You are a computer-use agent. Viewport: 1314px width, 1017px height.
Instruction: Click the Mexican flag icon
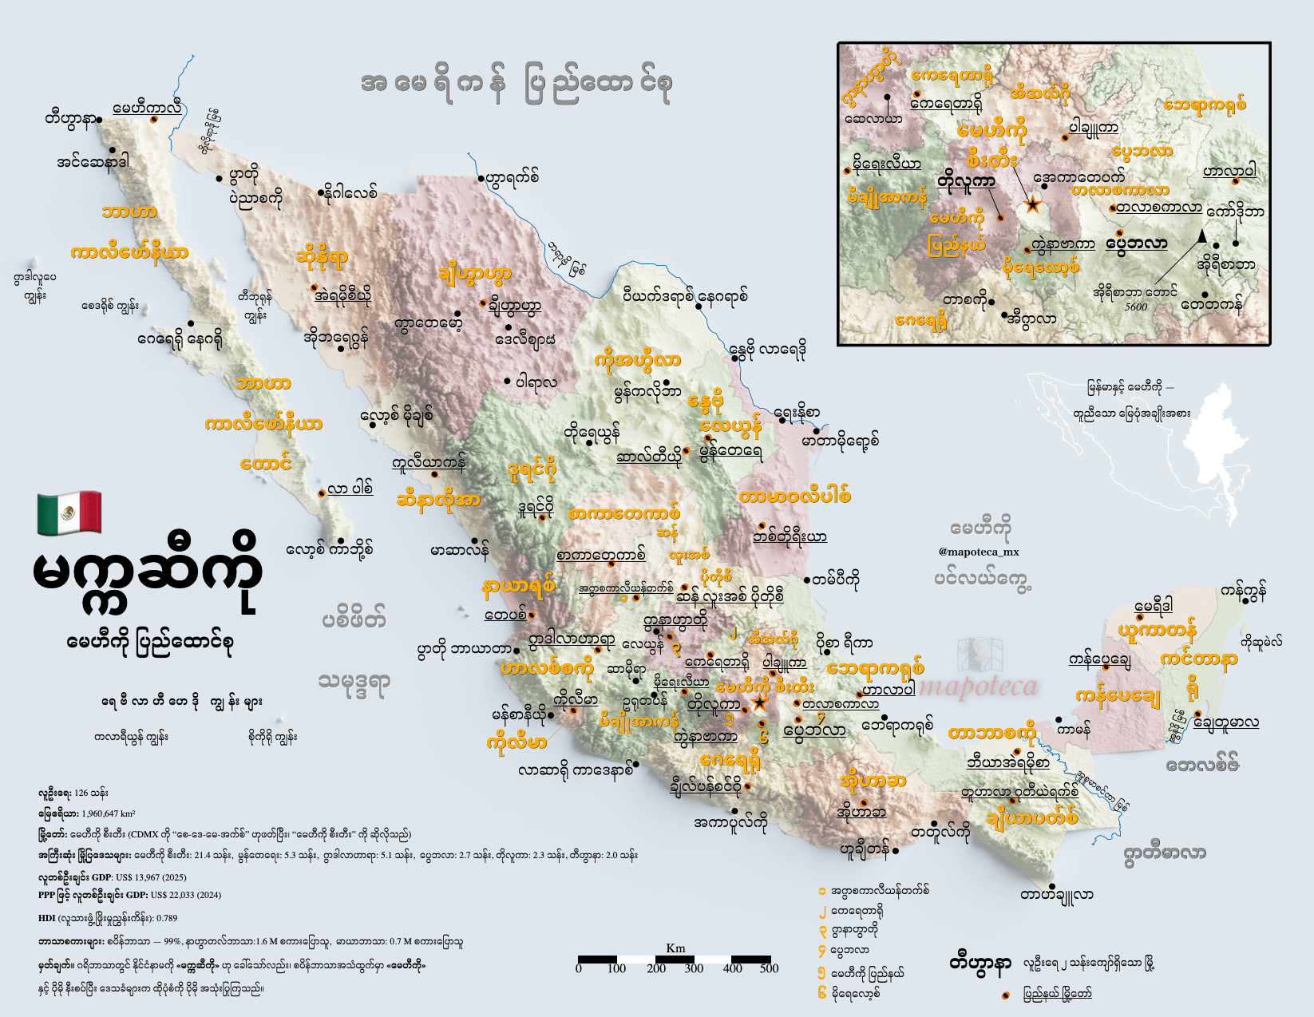[x=69, y=512]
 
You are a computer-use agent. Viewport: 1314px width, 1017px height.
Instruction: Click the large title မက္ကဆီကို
[x=148, y=576]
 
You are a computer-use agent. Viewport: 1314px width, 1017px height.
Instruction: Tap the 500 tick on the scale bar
[x=769, y=968]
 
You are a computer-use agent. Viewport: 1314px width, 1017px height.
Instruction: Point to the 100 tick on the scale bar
[x=616, y=968]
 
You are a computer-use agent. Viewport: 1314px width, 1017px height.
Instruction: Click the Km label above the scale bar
[x=675, y=948]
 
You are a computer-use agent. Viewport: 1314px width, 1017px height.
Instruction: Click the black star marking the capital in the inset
[x=1032, y=205]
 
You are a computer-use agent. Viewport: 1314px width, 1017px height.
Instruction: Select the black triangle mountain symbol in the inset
[x=1201, y=235]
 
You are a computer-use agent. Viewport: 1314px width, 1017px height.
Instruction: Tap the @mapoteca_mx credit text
[x=979, y=552]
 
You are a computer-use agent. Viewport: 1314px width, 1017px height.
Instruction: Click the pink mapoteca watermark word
[x=979, y=687]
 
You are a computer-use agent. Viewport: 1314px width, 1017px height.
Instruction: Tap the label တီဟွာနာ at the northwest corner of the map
[x=70, y=120]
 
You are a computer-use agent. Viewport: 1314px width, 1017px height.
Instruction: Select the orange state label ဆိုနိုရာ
[x=322, y=258]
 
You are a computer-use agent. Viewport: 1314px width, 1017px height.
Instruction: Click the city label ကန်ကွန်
[x=1243, y=592]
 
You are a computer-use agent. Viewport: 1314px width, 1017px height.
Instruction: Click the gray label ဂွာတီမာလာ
[x=1164, y=853]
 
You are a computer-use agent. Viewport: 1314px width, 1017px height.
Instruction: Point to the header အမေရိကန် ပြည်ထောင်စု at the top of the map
[x=516, y=85]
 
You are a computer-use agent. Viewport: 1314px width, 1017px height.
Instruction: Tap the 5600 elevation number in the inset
[x=1135, y=307]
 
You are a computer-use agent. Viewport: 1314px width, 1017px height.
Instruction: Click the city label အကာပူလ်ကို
[x=730, y=822]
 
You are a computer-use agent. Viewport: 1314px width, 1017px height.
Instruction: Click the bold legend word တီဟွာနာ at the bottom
[x=980, y=963]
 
